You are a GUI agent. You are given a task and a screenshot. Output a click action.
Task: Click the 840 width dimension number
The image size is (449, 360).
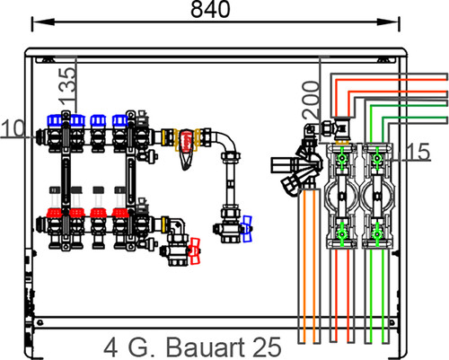(210, 9)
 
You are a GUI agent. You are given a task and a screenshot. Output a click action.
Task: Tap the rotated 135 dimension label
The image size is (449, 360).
(67, 85)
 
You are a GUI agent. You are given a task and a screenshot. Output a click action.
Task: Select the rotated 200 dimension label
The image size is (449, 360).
(311, 100)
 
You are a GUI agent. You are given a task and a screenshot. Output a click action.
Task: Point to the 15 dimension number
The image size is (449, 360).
(418, 152)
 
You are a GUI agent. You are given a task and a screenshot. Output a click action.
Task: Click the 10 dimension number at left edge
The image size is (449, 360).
(13, 128)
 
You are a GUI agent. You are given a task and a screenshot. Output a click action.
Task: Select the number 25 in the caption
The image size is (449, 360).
(268, 347)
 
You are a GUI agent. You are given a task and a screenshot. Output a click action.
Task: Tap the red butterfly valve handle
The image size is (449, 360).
(194, 251)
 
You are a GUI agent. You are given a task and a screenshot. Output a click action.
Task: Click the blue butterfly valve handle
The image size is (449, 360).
(247, 229)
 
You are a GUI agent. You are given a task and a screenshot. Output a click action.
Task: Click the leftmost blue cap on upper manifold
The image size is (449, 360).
(55, 120)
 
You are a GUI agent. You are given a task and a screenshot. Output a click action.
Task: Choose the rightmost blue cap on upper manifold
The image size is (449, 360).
(120, 120)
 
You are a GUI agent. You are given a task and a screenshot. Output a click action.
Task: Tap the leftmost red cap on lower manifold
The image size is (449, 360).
(54, 213)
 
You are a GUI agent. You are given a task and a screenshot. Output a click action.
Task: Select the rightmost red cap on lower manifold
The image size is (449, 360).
(120, 213)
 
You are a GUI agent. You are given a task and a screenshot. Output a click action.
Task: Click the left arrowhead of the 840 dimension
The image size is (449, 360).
(43, 22)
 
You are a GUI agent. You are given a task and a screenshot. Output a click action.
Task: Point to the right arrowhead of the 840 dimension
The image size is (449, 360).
(388, 22)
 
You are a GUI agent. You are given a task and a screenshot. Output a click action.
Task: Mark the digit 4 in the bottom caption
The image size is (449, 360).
(110, 347)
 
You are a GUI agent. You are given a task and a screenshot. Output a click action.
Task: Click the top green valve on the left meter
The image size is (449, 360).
(341, 158)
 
